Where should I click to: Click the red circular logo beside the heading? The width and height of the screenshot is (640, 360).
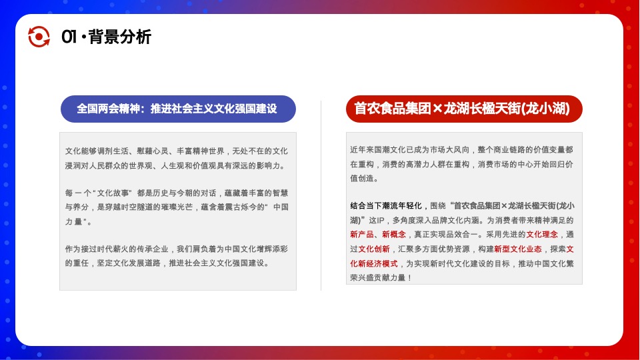coord(39,37)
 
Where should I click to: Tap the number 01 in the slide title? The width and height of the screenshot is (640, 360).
coord(69,37)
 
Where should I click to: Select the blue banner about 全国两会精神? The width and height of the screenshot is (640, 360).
coord(177,108)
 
